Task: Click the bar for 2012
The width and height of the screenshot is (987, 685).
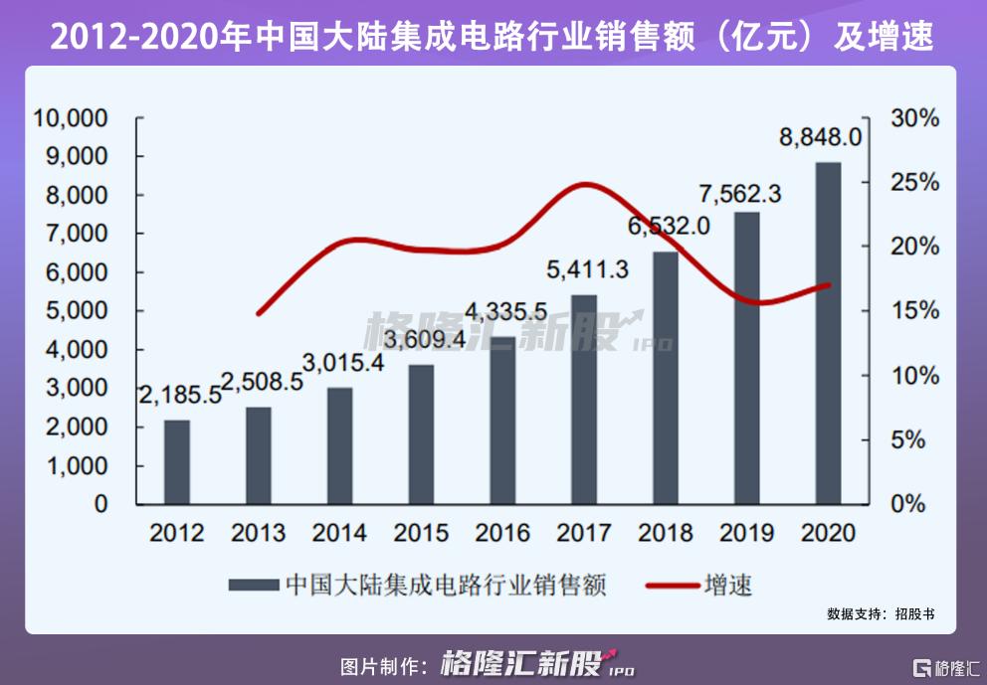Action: tap(177, 462)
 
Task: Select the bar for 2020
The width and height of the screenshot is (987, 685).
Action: tap(828, 333)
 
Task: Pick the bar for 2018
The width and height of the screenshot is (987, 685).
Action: tap(665, 378)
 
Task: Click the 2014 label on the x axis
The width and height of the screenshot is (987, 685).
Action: tap(339, 534)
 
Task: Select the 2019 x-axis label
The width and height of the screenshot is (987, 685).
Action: tap(746, 534)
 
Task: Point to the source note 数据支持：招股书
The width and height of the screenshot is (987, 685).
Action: tap(881, 614)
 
